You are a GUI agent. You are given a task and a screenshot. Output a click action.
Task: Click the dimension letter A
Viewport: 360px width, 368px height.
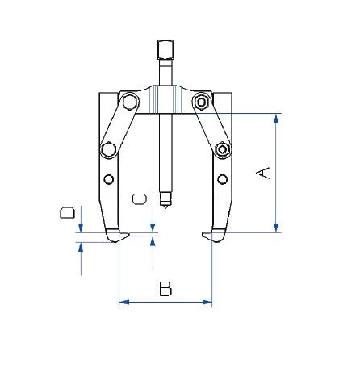coord(263,174)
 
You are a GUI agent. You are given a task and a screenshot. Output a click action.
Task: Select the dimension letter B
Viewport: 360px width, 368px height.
coord(165,288)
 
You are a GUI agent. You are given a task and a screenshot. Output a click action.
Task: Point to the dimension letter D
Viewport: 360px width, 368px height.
coord(69,213)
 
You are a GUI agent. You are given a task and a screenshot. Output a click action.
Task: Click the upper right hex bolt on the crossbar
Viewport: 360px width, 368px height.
coord(201,101)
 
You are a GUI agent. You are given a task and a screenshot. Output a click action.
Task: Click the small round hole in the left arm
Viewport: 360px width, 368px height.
coord(109,178)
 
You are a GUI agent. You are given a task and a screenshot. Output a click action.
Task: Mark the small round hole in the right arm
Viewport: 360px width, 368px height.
coord(220,178)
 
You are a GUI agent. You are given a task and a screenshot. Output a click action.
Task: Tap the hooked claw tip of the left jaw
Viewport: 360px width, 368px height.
coord(123,235)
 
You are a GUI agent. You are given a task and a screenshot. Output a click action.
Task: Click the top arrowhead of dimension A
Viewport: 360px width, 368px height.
coord(277,118)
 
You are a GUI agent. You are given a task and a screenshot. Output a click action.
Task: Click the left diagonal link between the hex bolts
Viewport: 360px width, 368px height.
coord(117,126)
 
